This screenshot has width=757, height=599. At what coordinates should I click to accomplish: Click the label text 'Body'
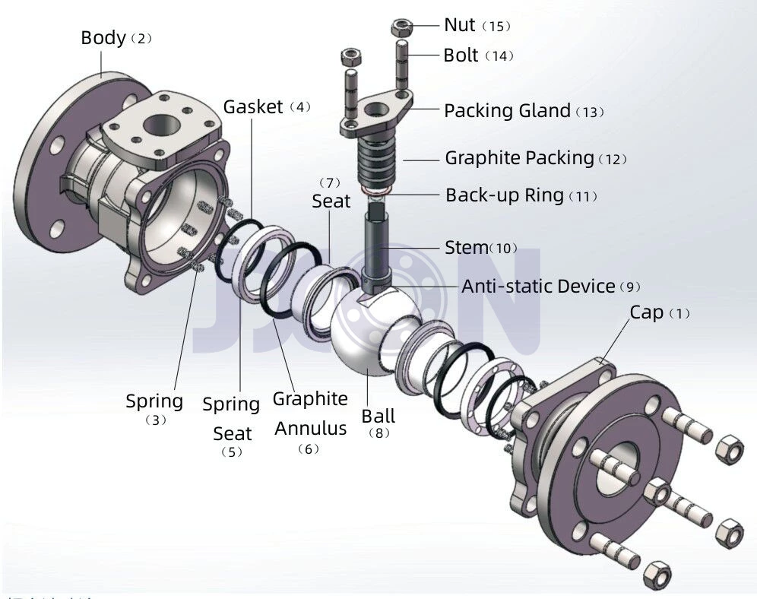pos(103,37)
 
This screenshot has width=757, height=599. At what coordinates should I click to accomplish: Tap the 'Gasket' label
pos(253,106)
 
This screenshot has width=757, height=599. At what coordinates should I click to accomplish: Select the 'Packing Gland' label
pos(507,110)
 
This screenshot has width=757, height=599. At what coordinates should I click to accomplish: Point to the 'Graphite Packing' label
pos(519,158)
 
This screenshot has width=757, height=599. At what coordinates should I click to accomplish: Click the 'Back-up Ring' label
pos(505,195)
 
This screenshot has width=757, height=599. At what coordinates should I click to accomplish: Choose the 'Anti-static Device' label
pos(538,286)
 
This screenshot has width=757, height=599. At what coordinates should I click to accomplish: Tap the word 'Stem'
pos(466,247)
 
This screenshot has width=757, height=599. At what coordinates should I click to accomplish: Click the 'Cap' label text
pos(646,312)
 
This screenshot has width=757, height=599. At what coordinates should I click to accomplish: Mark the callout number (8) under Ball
pos(378,433)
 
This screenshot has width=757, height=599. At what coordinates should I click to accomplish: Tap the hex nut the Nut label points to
pos(401,27)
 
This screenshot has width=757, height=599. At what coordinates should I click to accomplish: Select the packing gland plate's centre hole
pos(375,109)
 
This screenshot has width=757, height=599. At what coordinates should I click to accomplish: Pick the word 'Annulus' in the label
pos(310,428)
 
